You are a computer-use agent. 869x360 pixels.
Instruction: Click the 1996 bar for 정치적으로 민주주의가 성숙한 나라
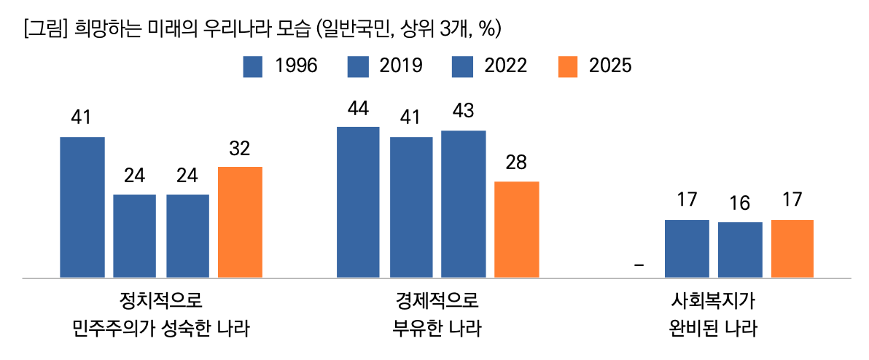[82, 207]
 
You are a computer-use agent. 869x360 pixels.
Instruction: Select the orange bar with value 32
[240, 222]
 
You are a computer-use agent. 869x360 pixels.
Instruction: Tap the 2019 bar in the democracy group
[134, 236]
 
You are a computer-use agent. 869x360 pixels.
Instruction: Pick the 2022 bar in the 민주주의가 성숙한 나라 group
[187, 236]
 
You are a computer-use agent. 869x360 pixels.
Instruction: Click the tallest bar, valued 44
[358, 202]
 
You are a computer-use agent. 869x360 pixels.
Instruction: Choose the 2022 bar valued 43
[463, 204]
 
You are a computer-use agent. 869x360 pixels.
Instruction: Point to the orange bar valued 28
[516, 230]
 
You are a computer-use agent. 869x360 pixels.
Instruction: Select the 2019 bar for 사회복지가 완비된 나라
[687, 249]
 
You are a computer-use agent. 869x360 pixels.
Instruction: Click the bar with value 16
[740, 250]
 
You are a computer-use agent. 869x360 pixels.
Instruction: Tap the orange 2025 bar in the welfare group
[792, 249]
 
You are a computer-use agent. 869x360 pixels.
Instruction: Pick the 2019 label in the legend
[402, 66]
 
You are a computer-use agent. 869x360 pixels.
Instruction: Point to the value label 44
[358, 109]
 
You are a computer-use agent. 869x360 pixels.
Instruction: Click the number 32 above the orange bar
[240, 149]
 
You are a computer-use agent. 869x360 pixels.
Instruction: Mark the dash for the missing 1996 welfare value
[639, 265]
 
